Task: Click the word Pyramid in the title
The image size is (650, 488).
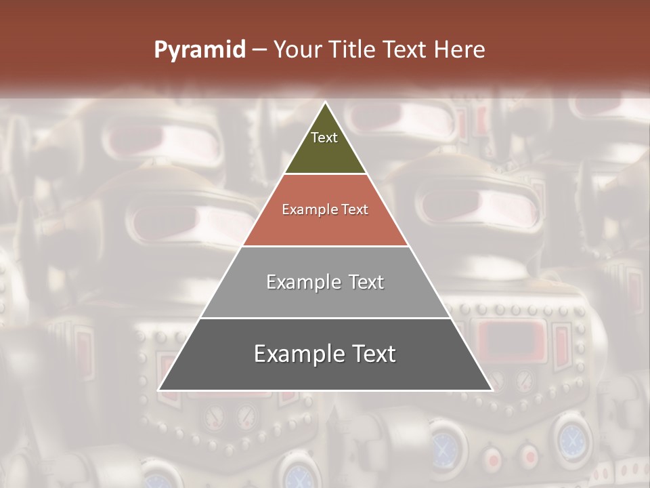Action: pyautogui.click(x=199, y=50)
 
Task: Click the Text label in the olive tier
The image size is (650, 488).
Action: pyautogui.click(x=324, y=138)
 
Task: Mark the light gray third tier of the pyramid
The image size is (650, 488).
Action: pyautogui.click(x=325, y=298)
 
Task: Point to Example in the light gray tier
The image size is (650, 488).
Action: pyautogui.click(x=303, y=283)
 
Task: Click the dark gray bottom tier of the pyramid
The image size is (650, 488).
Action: pyautogui.click(x=325, y=373)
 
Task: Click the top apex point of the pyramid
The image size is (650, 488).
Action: pyautogui.click(x=325, y=103)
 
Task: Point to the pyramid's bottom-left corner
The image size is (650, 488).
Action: pyautogui.click(x=160, y=390)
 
